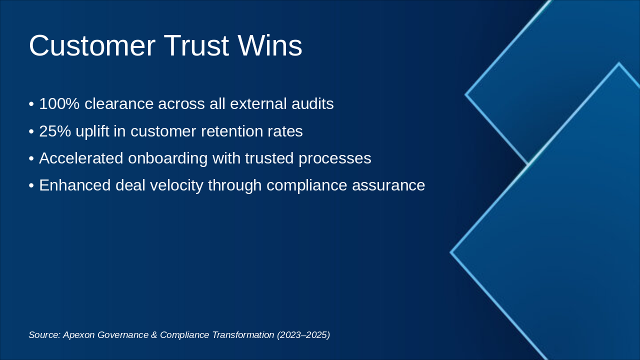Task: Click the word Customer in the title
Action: [92, 46]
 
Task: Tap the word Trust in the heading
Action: [196, 46]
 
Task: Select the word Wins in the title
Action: [270, 46]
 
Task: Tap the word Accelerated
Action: [81, 158]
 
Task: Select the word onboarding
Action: [167, 158]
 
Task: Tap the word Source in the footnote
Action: [44, 335]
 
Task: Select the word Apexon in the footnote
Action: [79, 335]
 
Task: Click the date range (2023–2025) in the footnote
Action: [303, 335]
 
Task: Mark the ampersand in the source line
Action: [153, 335]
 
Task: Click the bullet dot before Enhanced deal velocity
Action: [31, 185]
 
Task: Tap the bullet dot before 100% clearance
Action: [31, 104]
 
